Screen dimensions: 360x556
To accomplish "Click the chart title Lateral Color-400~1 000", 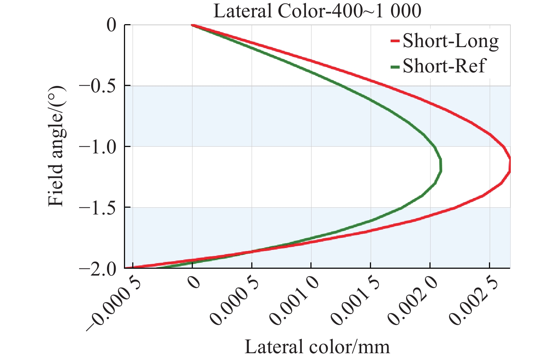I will point(317,11).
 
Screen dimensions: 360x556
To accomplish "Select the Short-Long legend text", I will point(451,41).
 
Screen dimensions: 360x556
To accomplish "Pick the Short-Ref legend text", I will point(444,66).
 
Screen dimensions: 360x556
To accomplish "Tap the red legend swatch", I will point(395,41).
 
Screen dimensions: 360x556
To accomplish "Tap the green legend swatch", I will point(395,66).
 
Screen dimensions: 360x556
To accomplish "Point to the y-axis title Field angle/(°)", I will point(57,146).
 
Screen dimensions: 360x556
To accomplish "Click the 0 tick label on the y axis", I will point(112,25).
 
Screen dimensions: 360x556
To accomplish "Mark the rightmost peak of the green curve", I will point(440,165).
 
